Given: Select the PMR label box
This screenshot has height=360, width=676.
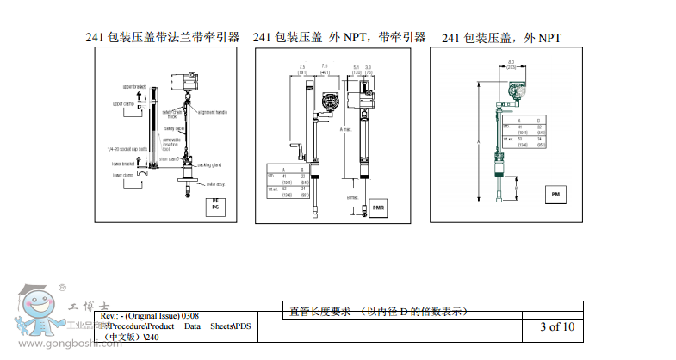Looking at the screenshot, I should pyautogui.click(x=378, y=207).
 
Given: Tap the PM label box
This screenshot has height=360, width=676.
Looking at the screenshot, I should pyautogui.click(x=555, y=196).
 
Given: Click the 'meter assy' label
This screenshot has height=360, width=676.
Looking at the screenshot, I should pyautogui.click(x=214, y=183).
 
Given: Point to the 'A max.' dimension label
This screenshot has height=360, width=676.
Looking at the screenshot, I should pyautogui.click(x=345, y=129).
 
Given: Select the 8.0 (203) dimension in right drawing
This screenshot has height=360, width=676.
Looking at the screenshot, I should pyautogui.click(x=512, y=63).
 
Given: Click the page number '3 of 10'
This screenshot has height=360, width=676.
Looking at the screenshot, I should pyautogui.click(x=556, y=326).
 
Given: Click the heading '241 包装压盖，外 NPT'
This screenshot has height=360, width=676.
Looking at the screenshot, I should pyautogui.click(x=501, y=38).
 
